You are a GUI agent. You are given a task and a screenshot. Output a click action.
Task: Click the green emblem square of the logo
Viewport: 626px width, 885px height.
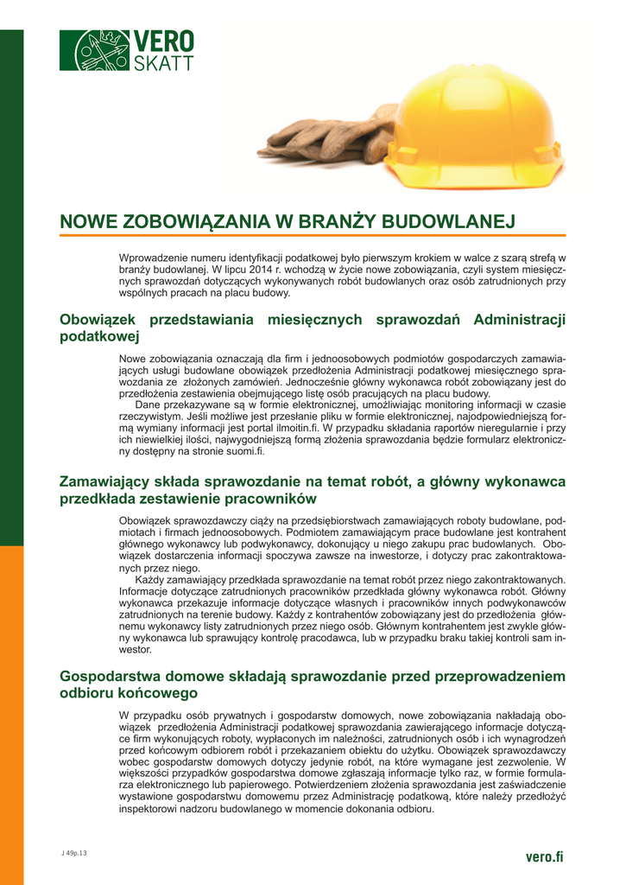point(94,50)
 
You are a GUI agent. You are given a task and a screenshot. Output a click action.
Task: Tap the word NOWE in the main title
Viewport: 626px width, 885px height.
point(87,221)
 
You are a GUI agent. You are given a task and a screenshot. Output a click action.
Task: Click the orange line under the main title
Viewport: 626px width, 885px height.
point(312,235)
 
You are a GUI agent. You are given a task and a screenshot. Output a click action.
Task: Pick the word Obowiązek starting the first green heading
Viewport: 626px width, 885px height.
point(98,320)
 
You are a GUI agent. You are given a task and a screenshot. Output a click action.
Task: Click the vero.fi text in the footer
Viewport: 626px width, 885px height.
point(544,856)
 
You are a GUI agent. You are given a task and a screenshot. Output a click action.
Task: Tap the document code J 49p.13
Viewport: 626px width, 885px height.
point(74,854)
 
